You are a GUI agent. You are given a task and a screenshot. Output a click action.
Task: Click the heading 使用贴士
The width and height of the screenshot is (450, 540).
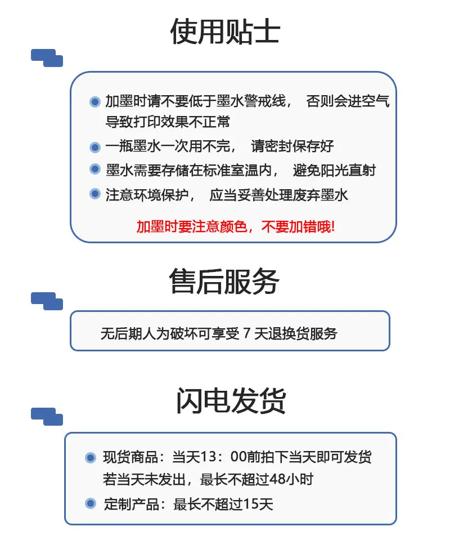point(225,32)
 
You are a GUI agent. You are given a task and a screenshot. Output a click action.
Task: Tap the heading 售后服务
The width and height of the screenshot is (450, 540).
point(224,282)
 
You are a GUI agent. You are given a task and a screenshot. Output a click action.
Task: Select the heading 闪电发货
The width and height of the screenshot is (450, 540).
point(231,400)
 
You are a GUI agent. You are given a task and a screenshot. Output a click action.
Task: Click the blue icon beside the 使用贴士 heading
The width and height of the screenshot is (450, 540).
point(47,58)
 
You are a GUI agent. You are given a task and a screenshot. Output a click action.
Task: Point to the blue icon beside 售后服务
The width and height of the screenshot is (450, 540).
point(47,301)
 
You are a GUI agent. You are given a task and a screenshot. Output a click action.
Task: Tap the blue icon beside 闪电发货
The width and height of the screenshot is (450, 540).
point(47,417)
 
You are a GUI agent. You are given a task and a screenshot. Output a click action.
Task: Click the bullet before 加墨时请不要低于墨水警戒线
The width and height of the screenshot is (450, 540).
point(94,101)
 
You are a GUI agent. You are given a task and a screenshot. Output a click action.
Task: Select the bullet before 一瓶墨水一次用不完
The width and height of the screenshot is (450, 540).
point(94,148)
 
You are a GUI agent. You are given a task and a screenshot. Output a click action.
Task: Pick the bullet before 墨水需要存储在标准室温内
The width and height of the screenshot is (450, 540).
point(94,169)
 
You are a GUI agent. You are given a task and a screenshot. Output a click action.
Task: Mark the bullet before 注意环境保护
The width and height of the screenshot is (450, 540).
point(94,194)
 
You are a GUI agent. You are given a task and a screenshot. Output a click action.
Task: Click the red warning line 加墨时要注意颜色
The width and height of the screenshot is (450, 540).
point(236,226)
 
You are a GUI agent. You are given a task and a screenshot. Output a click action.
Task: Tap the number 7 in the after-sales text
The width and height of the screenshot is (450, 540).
point(246,333)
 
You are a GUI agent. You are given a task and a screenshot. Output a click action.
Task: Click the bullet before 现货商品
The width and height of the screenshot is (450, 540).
point(91,457)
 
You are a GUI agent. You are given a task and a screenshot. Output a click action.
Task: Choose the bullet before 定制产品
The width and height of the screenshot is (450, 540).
point(91,503)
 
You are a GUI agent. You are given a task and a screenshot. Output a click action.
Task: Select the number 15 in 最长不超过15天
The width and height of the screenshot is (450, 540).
point(251,504)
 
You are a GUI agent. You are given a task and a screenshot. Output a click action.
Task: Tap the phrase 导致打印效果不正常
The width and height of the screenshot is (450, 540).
point(168,122)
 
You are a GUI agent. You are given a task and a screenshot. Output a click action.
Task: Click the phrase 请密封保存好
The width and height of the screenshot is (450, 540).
point(292,146)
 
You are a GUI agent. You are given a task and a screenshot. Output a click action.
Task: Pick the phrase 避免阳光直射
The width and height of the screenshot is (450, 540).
point(334,171)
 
